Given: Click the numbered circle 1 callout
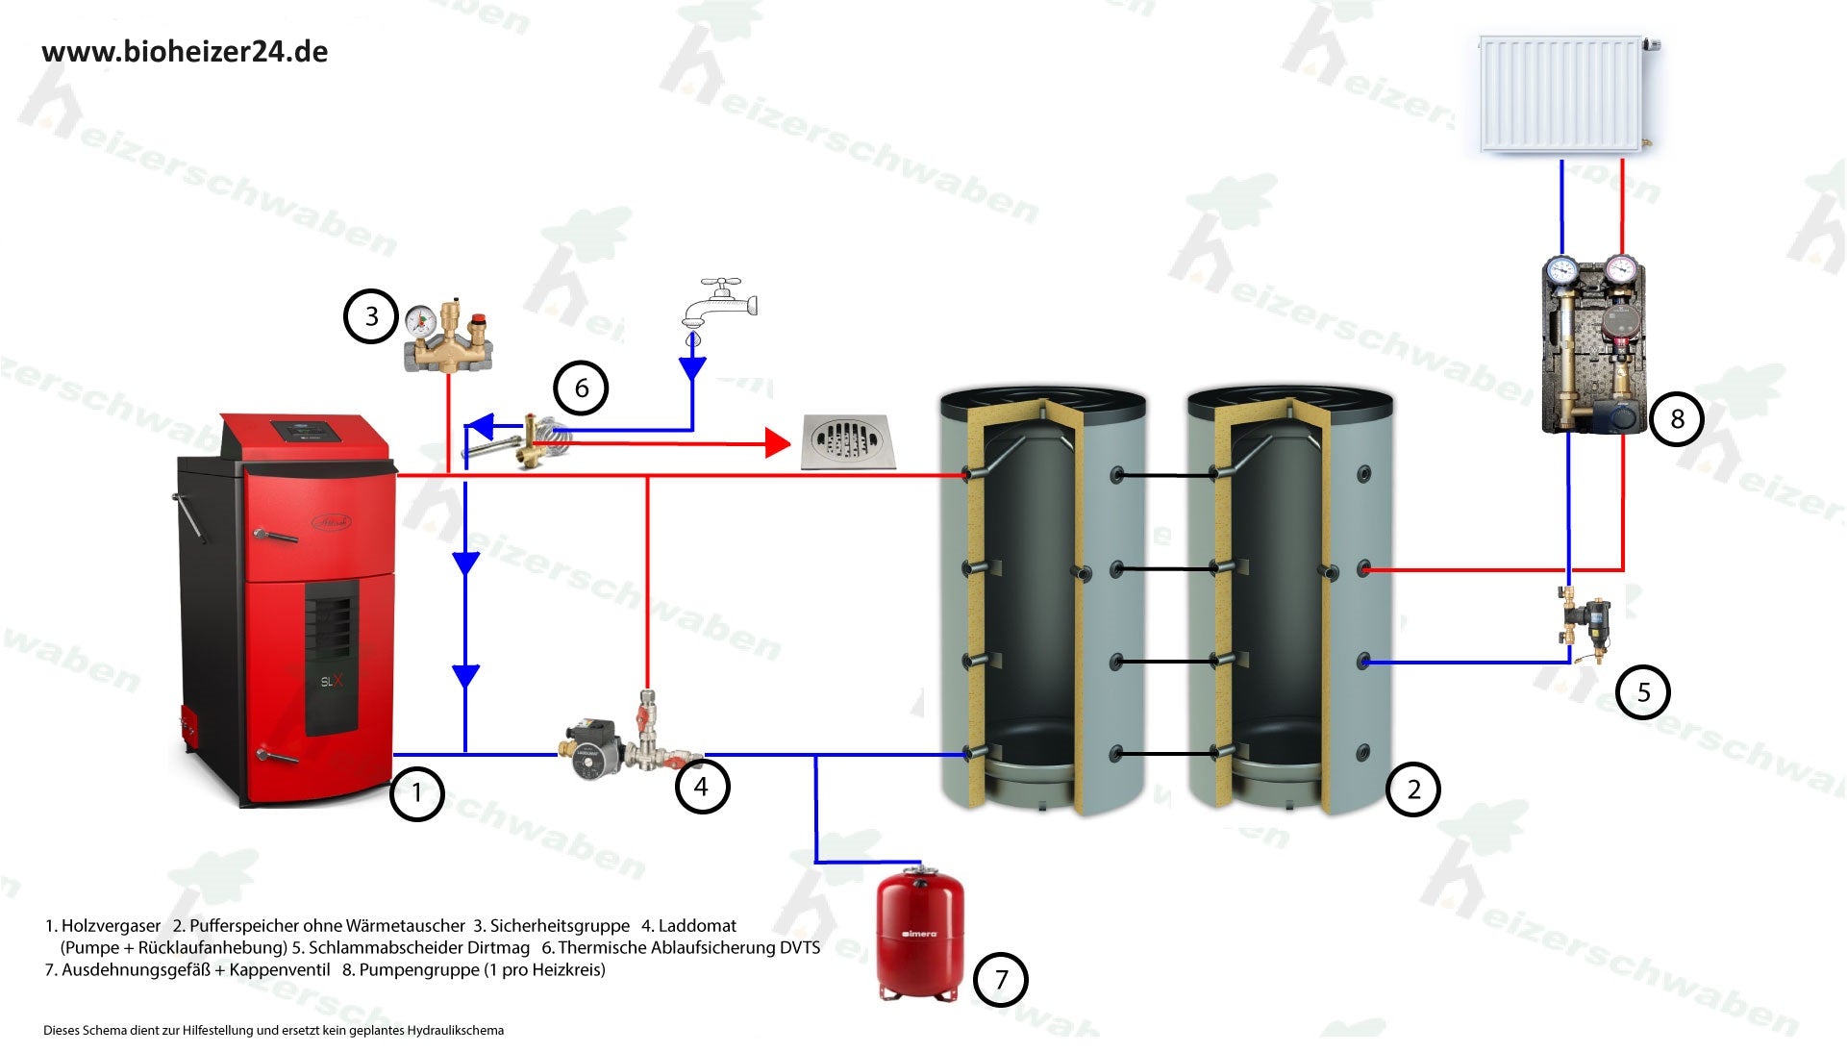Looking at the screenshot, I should click(x=416, y=793).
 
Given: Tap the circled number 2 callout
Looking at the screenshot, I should click(x=1412, y=789).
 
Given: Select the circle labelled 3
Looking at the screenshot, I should click(x=371, y=316).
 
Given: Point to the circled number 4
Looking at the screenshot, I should click(x=701, y=787).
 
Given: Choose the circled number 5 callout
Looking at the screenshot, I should click(x=1643, y=692).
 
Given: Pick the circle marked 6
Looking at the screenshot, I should click(x=581, y=388).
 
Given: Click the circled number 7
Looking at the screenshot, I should click(x=1001, y=980).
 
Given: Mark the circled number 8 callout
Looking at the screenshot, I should click(x=1677, y=418).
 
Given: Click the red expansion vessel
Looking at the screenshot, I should click(x=919, y=934).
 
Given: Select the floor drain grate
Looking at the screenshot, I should click(x=848, y=441).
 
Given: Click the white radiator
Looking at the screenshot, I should click(x=1561, y=94).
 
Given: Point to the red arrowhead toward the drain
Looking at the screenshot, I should click(x=777, y=443).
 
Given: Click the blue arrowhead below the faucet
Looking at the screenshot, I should click(x=692, y=368).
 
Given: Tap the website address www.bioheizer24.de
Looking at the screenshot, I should click(x=185, y=52).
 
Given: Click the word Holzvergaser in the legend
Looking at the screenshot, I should click(x=111, y=926).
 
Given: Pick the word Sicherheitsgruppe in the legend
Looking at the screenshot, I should click(x=560, y=926).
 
